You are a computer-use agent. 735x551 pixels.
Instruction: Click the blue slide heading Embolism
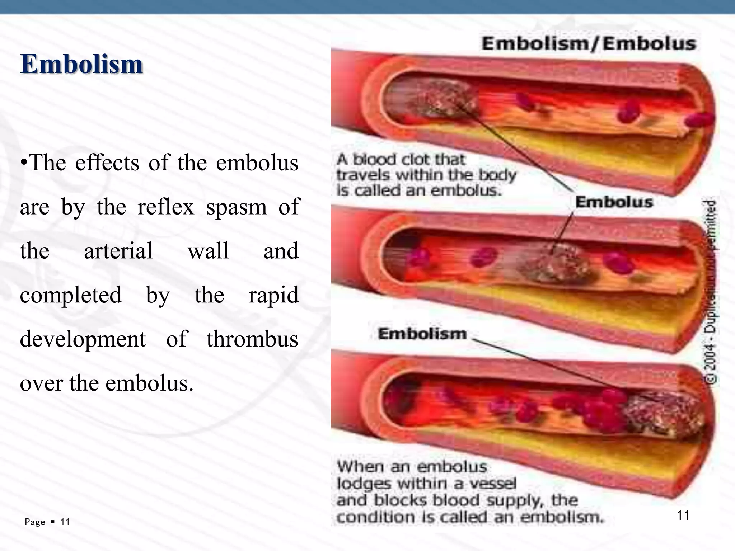tap(82, 64)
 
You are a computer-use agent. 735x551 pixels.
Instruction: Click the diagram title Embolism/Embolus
tap(589, 44)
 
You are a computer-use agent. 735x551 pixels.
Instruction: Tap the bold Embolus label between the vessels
tap(614, 202)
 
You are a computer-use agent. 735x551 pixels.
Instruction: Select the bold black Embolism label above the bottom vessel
tap(422, 334)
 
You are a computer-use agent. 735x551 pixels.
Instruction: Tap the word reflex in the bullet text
tap(165, 207)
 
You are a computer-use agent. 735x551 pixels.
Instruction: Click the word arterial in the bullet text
tap(118, 251)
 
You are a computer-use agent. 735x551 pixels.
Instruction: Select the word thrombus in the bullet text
tap(252, 339)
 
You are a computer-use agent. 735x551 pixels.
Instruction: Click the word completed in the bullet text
tap(71, 295)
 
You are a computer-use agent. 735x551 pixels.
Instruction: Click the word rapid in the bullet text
tap(273, 295)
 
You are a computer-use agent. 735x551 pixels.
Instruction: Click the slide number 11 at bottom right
tap(683, 515)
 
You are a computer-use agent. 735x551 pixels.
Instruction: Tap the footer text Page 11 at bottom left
tap(47, 522)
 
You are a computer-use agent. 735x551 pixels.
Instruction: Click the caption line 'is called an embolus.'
tap(418, 190)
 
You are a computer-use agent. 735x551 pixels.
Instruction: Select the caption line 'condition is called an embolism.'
tap(470, 517)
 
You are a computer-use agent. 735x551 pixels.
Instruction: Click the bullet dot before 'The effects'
tap(24, 163)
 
